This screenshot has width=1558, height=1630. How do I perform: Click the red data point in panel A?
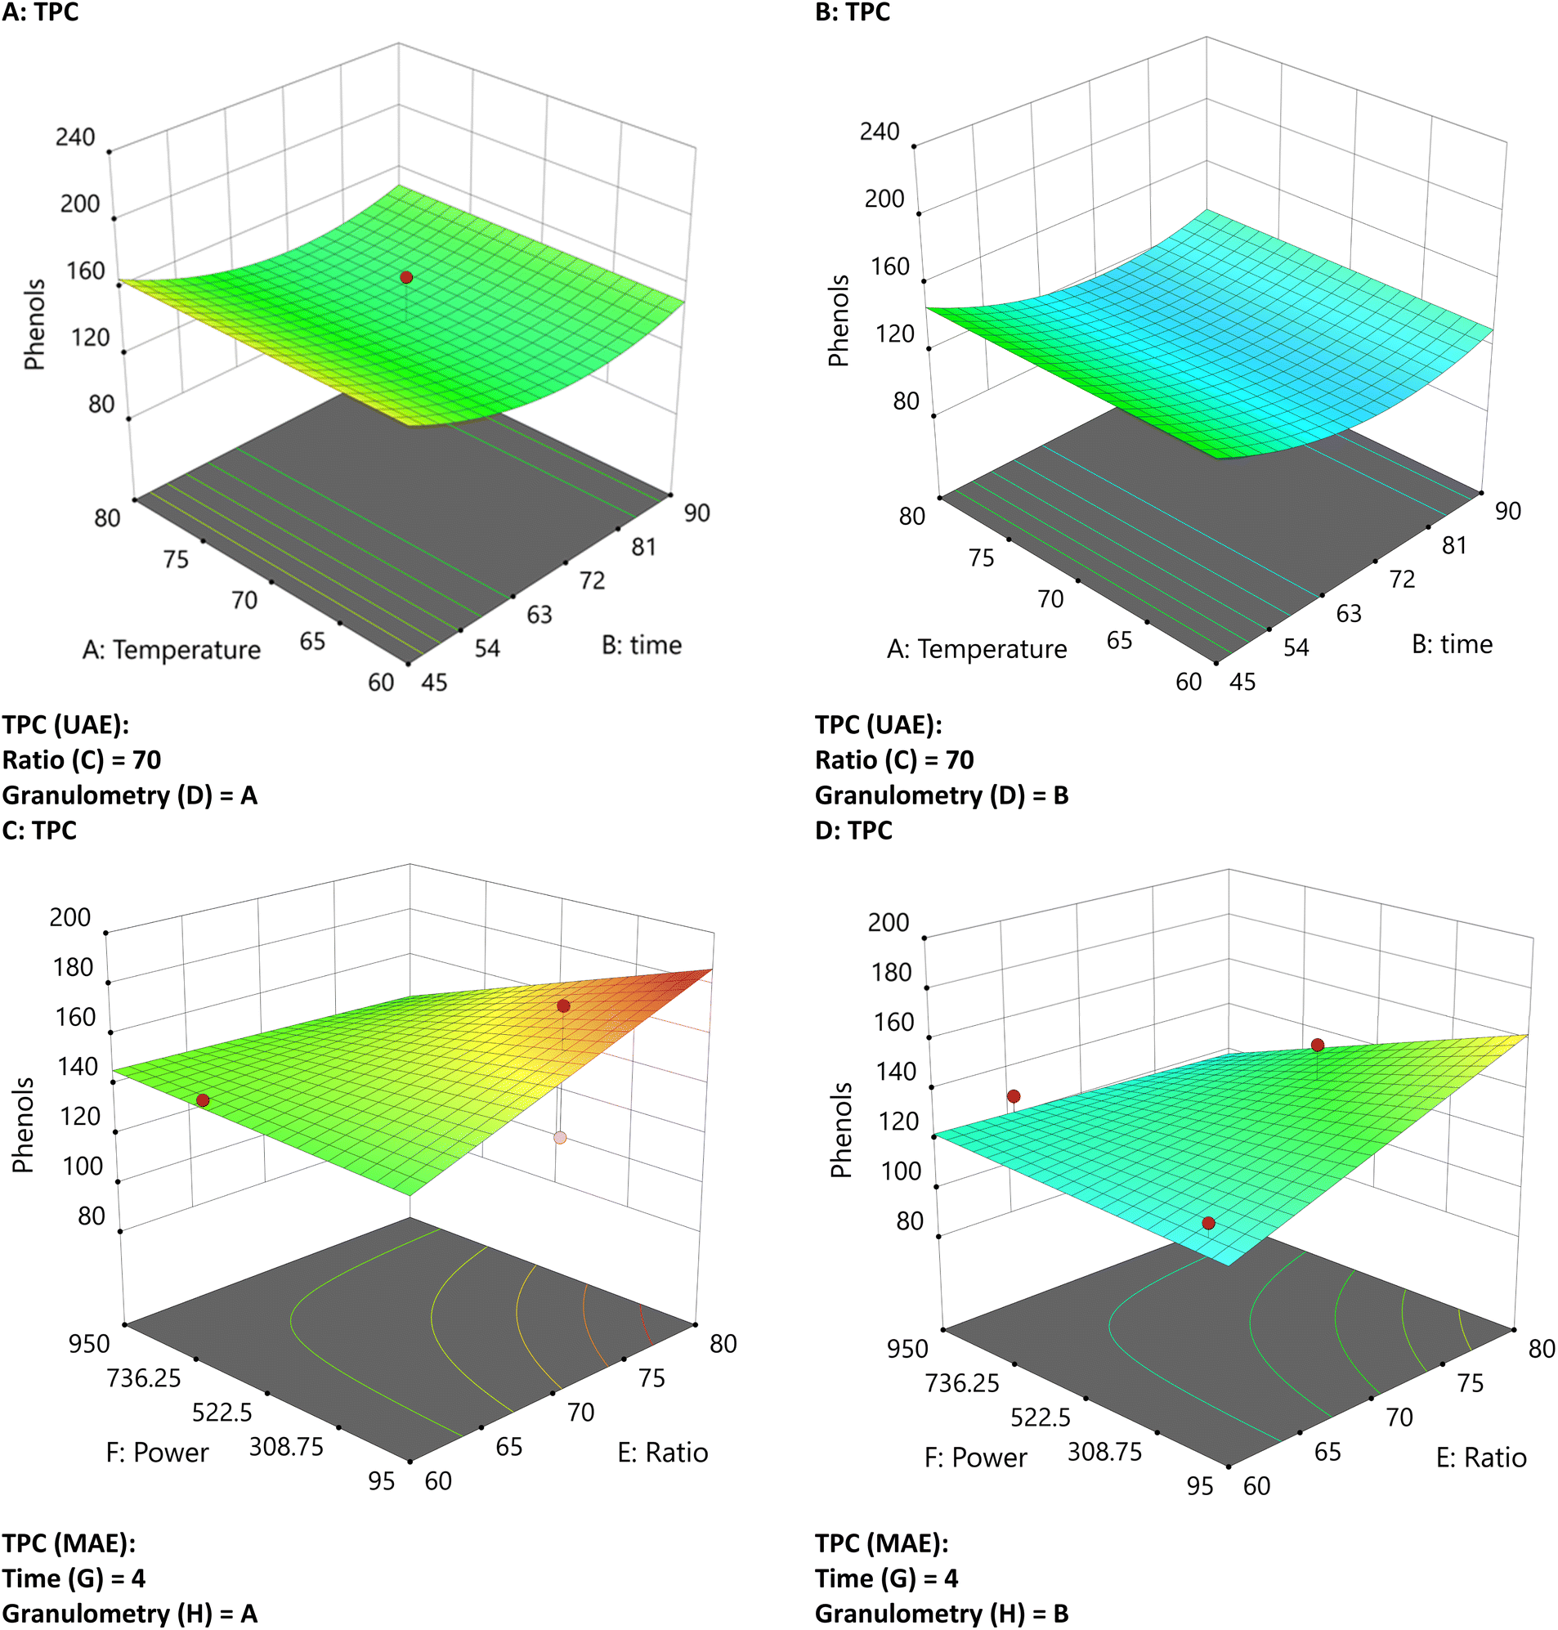[x=406, y=277]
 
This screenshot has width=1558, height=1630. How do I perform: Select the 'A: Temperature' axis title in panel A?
[x=171, y=649]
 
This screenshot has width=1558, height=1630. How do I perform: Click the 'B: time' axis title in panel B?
[x=1452, y=644]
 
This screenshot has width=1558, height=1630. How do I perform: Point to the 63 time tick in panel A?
[x=539, y=615]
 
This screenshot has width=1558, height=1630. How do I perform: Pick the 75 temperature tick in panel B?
[x=981, y=558]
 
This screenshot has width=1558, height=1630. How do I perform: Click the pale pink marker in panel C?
[x=560, y=1138]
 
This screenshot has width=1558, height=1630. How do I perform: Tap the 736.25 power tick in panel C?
[x=144, y=1378]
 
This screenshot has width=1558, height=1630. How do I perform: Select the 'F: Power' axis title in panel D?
[x=975, y=1458]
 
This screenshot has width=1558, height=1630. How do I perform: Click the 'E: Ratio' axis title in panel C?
[x=663, y=1453]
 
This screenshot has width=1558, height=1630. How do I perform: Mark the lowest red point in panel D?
[x=1208, y=1223]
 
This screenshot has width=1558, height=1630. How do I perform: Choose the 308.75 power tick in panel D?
[x=1104, y=1452]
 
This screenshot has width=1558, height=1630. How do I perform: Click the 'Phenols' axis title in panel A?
[x=34, y=325]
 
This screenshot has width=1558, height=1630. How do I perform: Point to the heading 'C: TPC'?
[x=39, y=831]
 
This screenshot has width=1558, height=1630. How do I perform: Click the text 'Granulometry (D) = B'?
[x=941, y=795]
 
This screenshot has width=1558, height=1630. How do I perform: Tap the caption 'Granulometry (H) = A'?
[x=129, y=1614]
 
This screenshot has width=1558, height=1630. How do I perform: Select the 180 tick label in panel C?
[x=73, y=967]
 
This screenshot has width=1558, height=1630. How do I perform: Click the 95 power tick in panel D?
[x=1199, y=1485]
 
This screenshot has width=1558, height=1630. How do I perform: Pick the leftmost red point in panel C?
[x=203, y=1100]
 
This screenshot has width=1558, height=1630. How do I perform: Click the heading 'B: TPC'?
[x=852, y=12]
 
